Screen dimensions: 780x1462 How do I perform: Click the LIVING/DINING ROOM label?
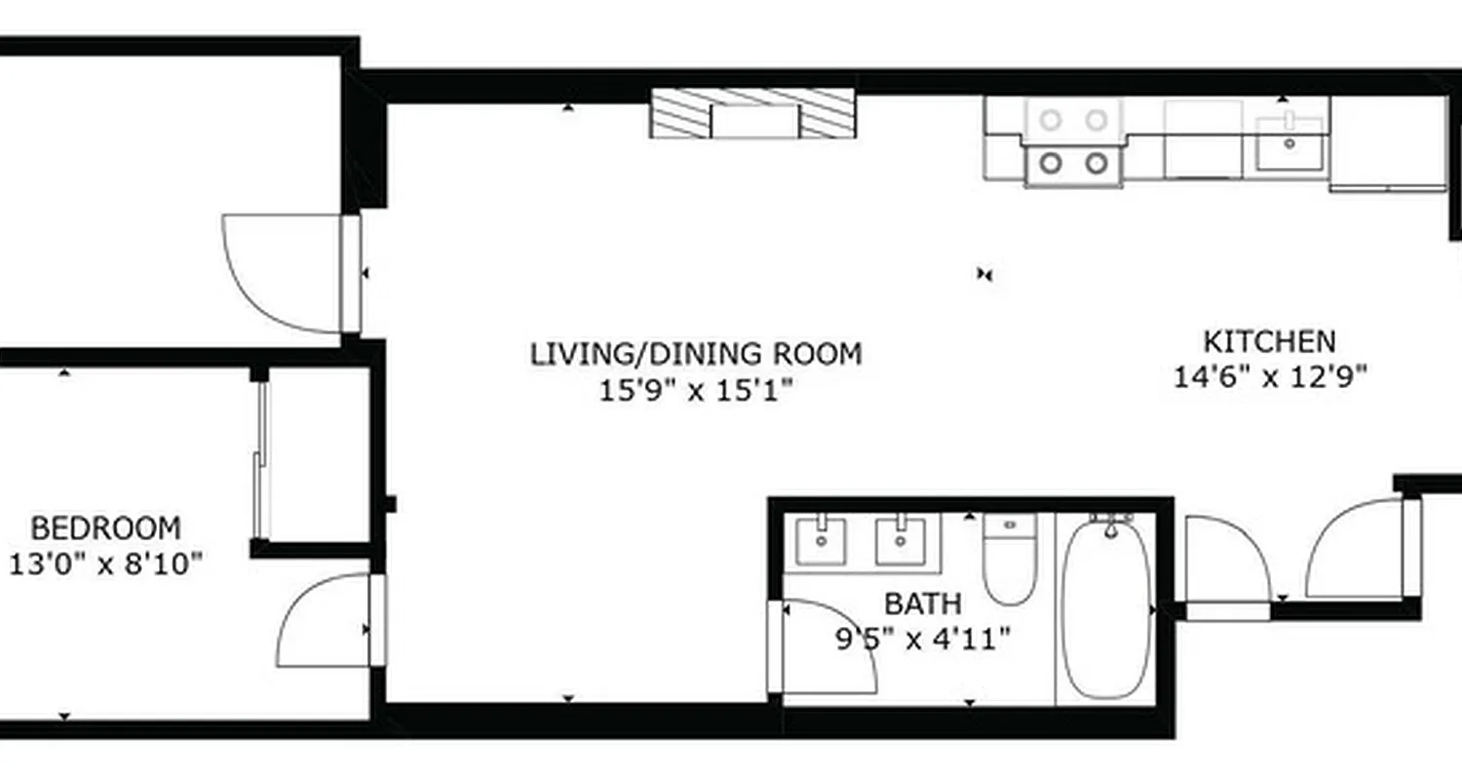point(696,353)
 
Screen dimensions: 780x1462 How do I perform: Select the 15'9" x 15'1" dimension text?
point(696,391)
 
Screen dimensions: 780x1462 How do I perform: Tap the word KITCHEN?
point(1269,342)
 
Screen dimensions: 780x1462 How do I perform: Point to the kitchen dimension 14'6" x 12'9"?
point(1270,376)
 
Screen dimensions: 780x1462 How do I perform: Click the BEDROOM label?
point(105,528)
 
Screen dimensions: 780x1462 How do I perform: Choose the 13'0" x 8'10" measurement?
point(105,564)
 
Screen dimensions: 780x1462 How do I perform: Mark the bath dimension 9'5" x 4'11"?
point(922,640)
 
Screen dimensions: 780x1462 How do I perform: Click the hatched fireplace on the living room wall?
point(752,113)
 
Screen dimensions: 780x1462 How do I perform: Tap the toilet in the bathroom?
point(1009,560)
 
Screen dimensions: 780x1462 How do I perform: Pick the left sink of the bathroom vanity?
point(822,542)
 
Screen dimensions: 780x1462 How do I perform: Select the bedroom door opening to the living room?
point(327,620)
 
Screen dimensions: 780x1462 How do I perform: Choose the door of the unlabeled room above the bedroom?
point(283,273)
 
